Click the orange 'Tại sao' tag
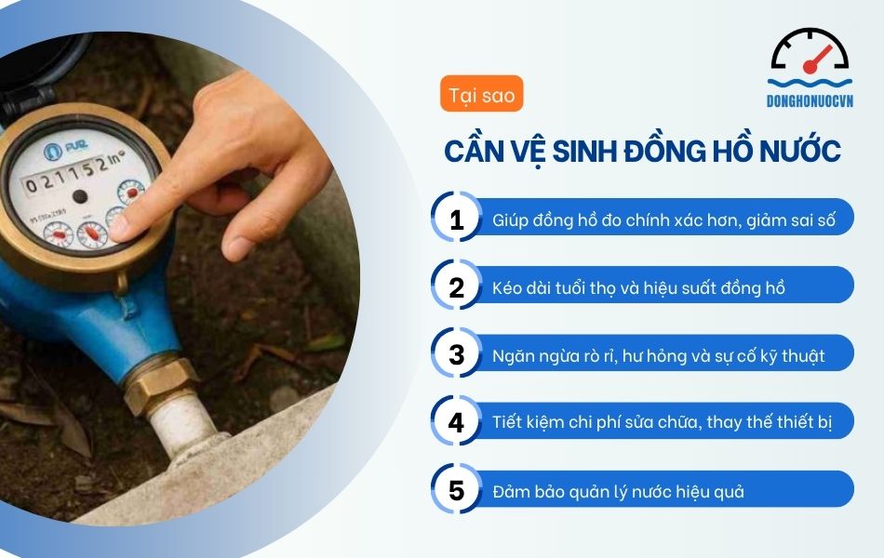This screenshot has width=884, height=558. click(x=481, y=95)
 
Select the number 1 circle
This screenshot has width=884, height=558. click(x=456, y=220)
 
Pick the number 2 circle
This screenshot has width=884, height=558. click(x=456, y=287)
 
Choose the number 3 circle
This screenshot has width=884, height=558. click(x=456, y=355)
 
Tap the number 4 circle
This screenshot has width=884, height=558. click(x=456, y=422)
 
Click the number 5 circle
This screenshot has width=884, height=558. click(x=456, y=490)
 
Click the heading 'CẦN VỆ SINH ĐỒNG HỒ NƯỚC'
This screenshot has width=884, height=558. click(x=642, y=151)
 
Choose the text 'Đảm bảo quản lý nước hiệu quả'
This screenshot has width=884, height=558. click(x=618, y=491)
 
